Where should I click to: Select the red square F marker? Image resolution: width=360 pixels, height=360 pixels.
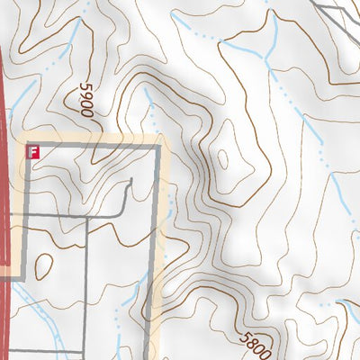[33, 151]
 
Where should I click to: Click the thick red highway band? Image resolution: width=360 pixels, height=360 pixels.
[7, 180]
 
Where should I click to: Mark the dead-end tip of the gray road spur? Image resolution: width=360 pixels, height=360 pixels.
[131, 181]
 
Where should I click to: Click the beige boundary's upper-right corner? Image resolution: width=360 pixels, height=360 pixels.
[163, 142]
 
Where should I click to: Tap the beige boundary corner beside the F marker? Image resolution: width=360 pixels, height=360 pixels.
[27, 142]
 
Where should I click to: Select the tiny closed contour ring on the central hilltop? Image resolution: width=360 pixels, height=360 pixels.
[220, 162]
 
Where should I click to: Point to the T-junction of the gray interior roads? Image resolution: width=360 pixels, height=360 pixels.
[88, 217]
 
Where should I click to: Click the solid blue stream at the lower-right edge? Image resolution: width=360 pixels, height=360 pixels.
[345, 324]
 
